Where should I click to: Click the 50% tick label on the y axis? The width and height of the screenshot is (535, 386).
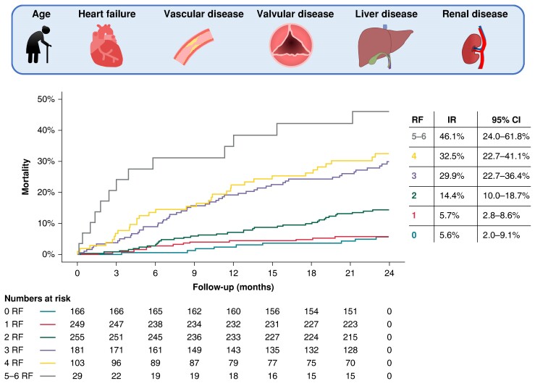tap(48, 98)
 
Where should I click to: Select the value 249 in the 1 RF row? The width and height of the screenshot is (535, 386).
tap(77, 324)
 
